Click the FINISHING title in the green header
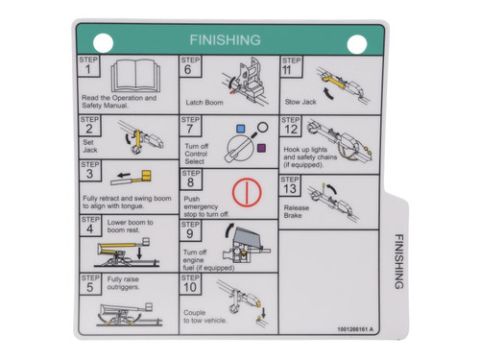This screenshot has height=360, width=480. click(x=225, y=40)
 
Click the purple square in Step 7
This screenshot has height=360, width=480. click(x=261, y=147)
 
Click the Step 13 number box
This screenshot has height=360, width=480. click(x=291, y=184)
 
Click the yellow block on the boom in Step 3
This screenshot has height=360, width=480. click(x=147, y=175)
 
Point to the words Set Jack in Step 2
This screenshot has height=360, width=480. click(x=89, y=145)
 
